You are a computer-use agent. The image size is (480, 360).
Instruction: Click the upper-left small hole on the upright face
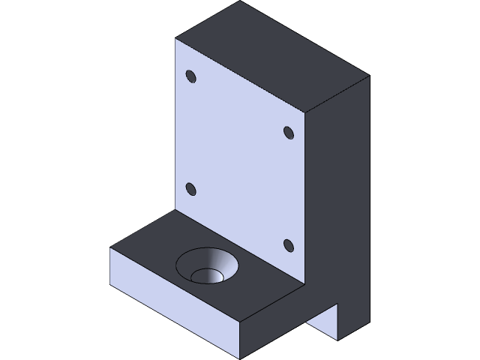coord(190,76)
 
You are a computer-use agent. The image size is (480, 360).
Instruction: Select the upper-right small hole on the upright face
coord(288,132)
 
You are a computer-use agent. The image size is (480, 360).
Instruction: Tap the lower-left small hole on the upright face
coord(190,189)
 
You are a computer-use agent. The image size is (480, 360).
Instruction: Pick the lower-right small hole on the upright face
coord(288,244)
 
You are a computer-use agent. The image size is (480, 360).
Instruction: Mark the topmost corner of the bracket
coord(240,1)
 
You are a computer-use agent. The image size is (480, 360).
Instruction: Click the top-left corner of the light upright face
coord(175,39)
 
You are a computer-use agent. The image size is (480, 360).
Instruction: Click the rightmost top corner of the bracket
coord(369,76)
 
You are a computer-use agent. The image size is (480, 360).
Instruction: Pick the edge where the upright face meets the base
coord(240,247)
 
